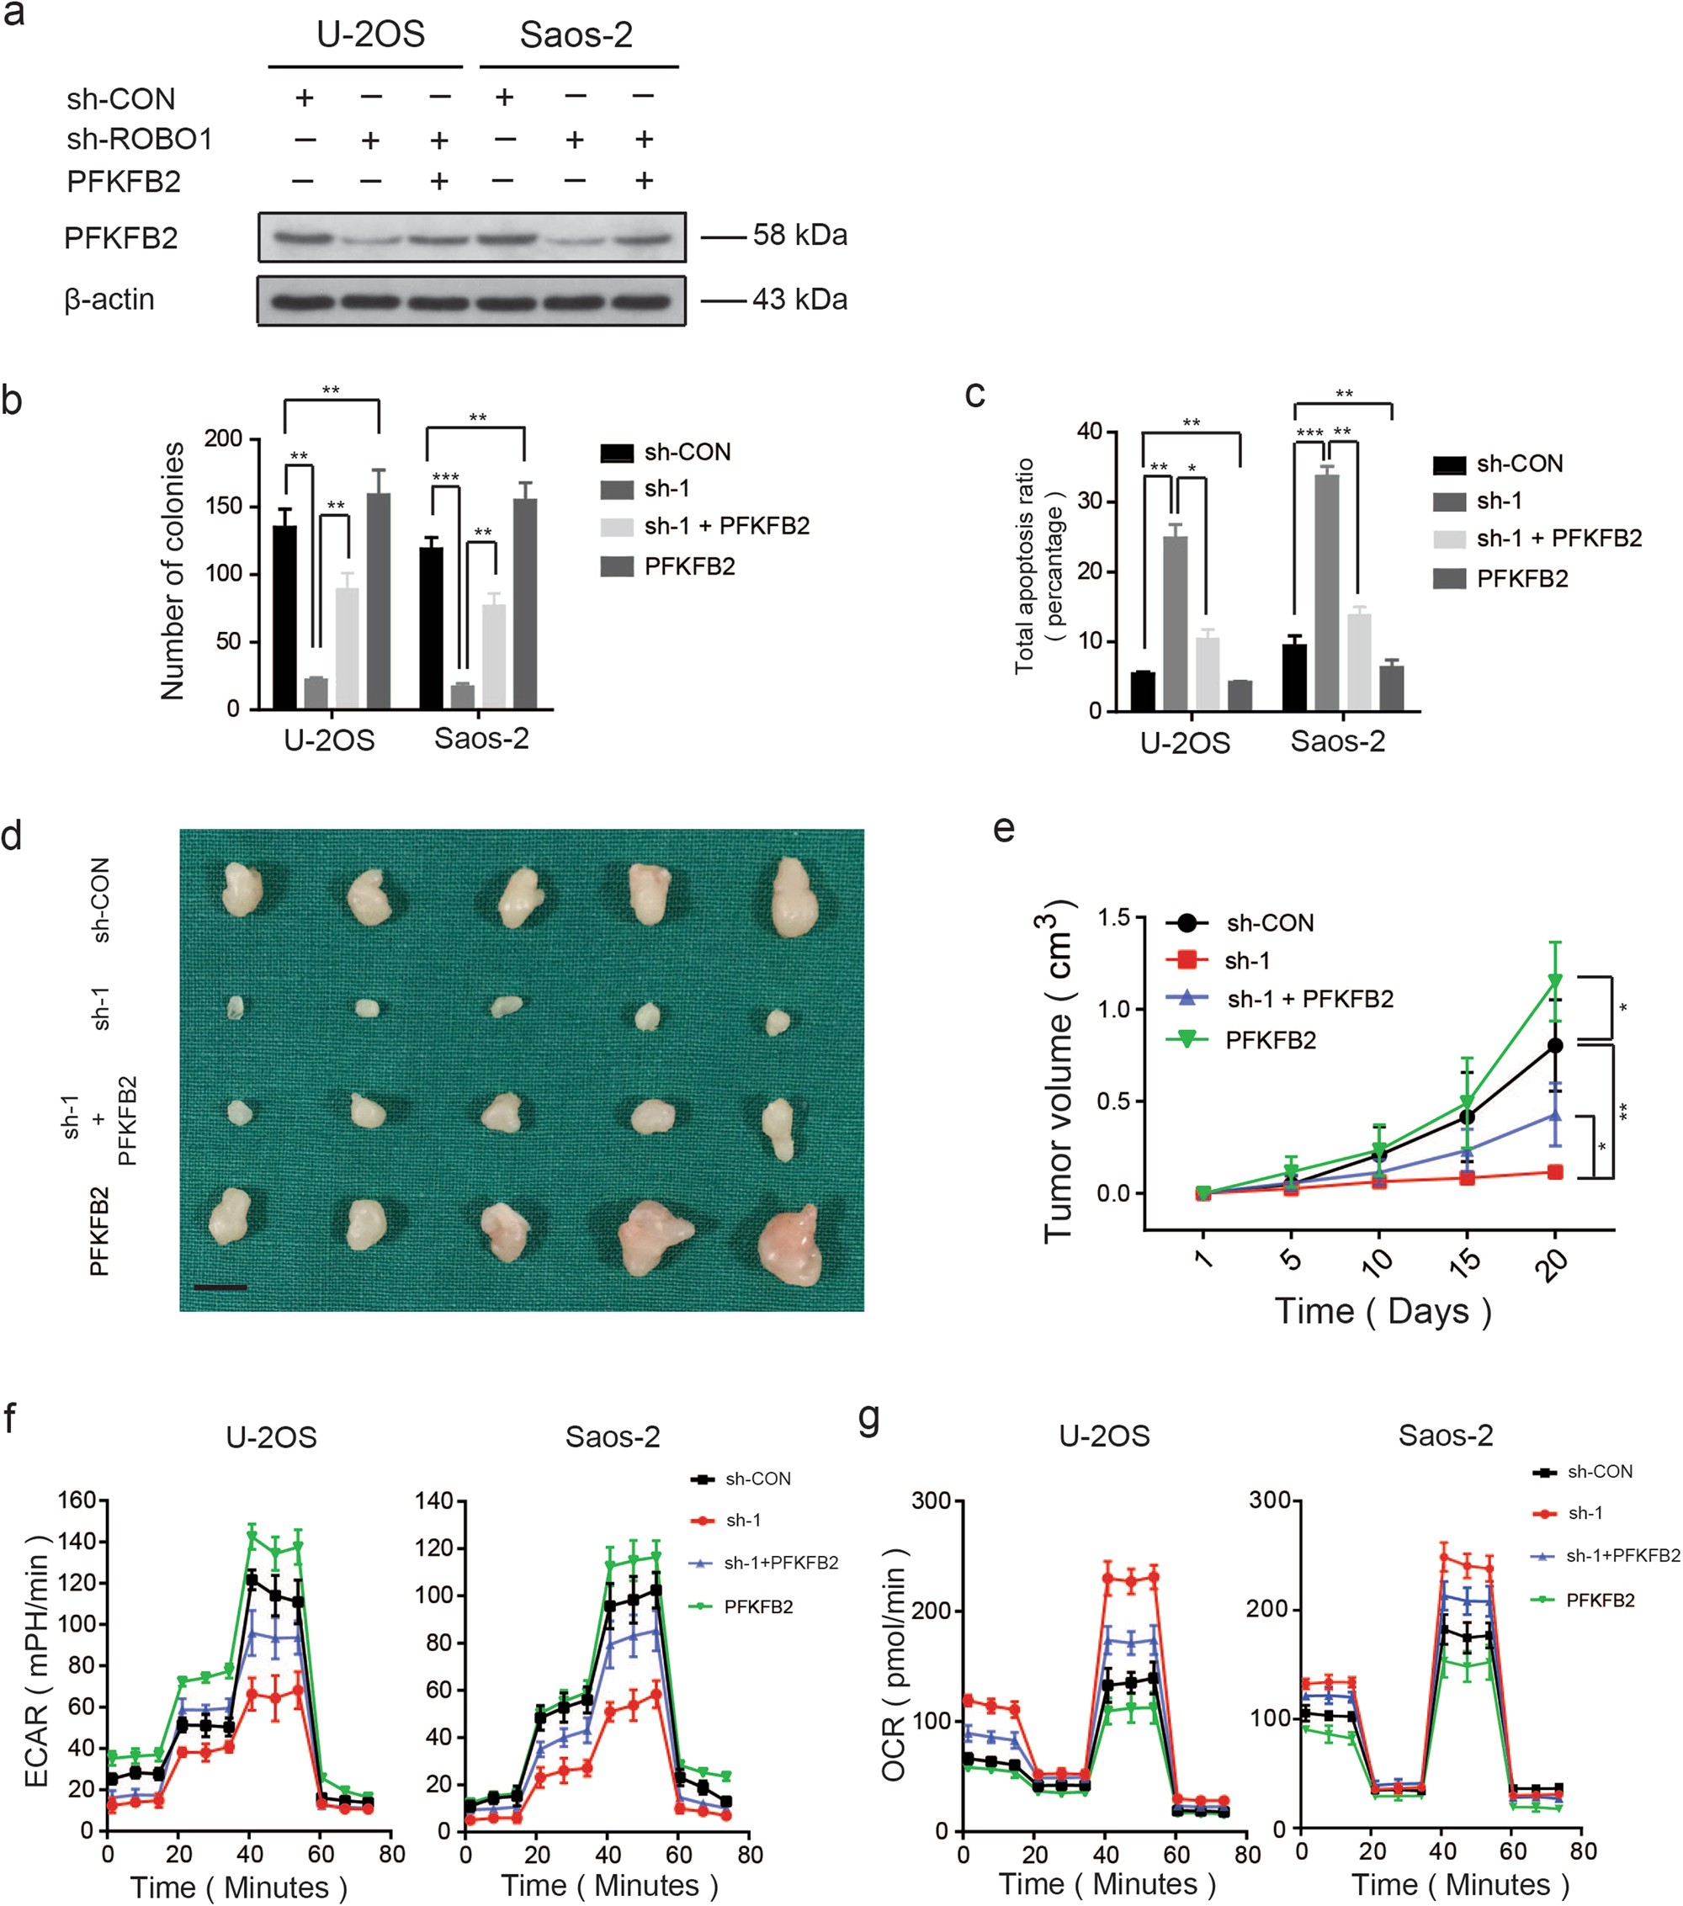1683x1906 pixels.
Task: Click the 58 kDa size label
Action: pos(800,235)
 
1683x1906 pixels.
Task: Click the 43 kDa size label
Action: pos(800,300)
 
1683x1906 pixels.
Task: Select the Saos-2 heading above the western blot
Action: pos(576,35)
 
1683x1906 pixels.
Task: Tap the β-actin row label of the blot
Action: pos(109,300)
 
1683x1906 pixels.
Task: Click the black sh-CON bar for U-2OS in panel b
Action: pos(284,618)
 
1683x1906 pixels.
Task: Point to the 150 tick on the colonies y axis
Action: pos(223,507)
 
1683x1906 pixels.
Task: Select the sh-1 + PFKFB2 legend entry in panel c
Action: pos(1558,538)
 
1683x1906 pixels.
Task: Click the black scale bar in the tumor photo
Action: pos(220,1287)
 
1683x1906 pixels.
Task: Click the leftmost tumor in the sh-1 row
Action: pos(236,1007)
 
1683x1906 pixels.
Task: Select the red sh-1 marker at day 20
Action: pos(1555,1172)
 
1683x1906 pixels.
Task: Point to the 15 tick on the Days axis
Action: pos(1466,1261)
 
